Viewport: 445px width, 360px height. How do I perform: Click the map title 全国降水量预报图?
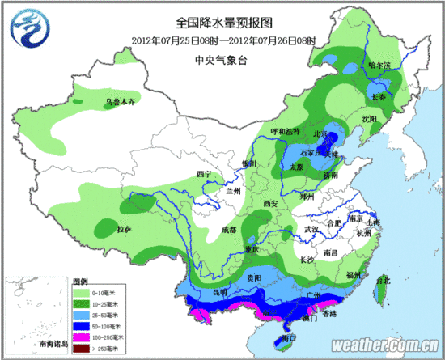point(226,24)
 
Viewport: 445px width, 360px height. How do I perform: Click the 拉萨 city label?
point(124,230)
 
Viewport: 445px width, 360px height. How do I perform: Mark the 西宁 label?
point(204,175)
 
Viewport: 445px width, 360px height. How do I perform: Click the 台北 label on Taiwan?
point(383,280)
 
